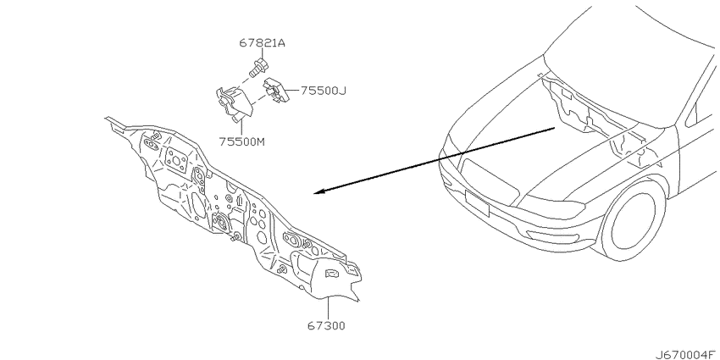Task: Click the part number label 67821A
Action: (263, 43)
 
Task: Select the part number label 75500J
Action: (324, 91)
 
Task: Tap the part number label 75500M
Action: (241, 142)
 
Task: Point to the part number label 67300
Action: (326, 326)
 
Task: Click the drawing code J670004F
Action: (687, 354)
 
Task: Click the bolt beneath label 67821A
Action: (258, 67)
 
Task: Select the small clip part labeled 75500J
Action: (275, 90)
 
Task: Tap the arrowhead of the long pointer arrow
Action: (320, 191)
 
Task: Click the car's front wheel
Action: (634, 222)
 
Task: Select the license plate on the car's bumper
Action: (477, 202)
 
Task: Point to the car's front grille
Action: (487, 179)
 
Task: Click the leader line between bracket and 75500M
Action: (241, 130)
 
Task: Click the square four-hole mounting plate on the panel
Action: (175, 159)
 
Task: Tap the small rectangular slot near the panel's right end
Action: (332, 274)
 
